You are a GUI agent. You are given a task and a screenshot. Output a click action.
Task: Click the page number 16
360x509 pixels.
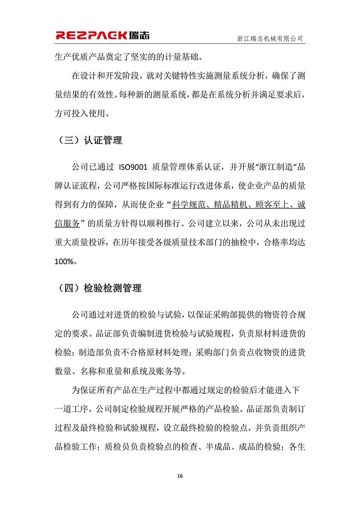(180, 476)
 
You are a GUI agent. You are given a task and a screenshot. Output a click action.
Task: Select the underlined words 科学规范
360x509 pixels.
(189, 205)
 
